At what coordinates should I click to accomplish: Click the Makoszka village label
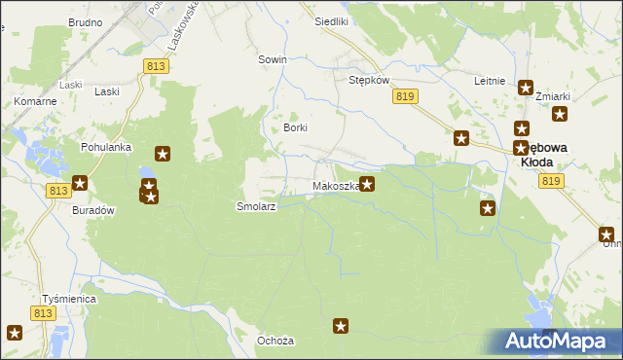(336, 186)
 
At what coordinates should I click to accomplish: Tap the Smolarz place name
(257, 207)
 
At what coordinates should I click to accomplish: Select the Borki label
(295, 127)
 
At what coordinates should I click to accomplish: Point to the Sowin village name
(272, 59)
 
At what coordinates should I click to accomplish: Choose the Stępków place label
(369, 80)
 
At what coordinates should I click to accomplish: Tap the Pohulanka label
(106, 147)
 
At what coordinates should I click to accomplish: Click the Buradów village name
(94, 209)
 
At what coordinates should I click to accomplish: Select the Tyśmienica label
(68, 299)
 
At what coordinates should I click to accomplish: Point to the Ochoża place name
(275, 341)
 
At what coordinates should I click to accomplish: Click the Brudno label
(86, 21)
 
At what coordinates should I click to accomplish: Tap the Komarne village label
(33, 101)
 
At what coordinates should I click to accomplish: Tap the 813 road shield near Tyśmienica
(42, 313)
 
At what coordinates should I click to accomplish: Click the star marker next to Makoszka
(367, 183)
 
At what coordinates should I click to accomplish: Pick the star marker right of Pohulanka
(163, 154)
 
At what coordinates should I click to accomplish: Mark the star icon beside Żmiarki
(560, 114)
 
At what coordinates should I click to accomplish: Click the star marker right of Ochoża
(341, 327)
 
